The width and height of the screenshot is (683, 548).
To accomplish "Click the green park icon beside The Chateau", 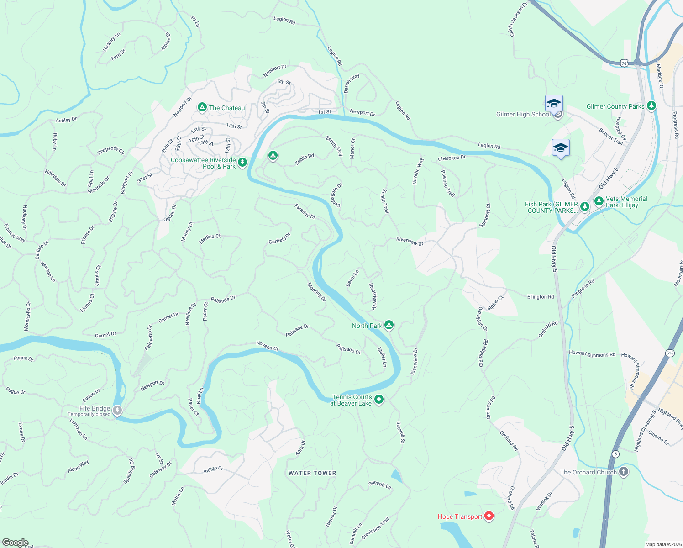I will (x=202, y=107).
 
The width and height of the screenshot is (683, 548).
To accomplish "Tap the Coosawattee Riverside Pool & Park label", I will (x=204, y=163).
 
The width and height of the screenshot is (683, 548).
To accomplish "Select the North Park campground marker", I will (x=389, y=325).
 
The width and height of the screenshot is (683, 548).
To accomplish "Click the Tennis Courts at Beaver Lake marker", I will (x=379, y=400).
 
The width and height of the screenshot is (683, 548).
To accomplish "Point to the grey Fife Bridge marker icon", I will (x=117, y=411).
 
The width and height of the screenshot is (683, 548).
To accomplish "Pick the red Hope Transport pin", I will (x=489, y=516).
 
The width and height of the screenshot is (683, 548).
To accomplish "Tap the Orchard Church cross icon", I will (x=624, y=472).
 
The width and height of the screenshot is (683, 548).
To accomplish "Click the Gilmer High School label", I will (x=523, y=115).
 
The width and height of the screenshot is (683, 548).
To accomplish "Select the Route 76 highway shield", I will (x=624, y=63).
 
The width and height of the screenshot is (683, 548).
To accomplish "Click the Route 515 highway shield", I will (x=670, y=353).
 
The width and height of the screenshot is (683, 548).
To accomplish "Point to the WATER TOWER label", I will (x=312, y=473).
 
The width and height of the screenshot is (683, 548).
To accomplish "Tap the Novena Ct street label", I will (x=268, y=346).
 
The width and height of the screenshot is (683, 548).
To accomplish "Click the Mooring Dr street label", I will (x=316, y=292).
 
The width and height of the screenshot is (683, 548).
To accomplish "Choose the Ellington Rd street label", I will (x=541, y=297).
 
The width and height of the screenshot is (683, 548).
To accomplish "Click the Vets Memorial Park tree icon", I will (x=599, y=201).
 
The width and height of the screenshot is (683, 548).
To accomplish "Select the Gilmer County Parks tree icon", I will (x=651, y=106).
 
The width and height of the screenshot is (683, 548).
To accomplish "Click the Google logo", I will (x=15, y=543).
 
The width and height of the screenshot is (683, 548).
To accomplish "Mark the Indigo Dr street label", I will (x=213, y=469).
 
